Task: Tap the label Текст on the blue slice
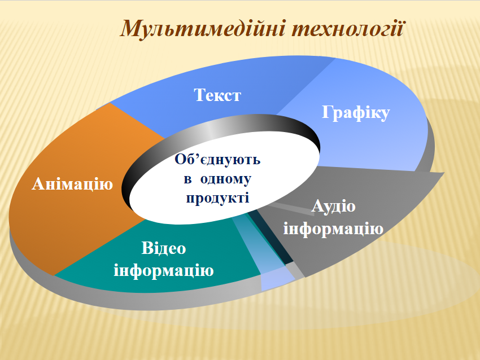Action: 217,95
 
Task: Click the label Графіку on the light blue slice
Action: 356,113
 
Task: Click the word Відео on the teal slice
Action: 164,248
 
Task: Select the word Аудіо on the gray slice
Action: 334,206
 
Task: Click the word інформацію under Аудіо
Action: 334,229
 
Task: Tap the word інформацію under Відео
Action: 164,270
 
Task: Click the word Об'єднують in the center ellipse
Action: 217,160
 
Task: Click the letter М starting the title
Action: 130,28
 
